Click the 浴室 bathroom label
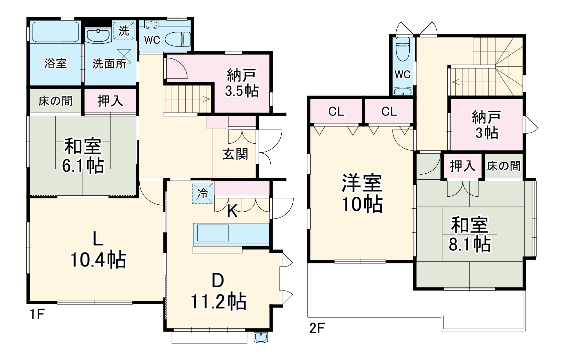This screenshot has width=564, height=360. pyautogui.click(x=55, y=63)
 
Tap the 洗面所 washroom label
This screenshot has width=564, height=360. pyautogui.click(x=109, y=63)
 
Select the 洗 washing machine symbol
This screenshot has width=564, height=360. pyautogui.click(x=124, y=31)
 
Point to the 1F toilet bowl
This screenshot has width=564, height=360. pyautogui.click(x=177, y=39)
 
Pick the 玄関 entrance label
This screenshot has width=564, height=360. pyautogui.click(x=235, y=154)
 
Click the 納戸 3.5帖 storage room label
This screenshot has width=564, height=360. pyautogui.click(x=242, y=82)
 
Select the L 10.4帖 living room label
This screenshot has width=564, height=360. pyautogui.click(x=98, y=250)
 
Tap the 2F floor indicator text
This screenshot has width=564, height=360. pyautogui.click(x=317, y=329)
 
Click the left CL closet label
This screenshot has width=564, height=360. pyautogui.click(x=336, y=112)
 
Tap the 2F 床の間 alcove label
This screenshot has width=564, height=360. pyautogui.click(x=504, y=166)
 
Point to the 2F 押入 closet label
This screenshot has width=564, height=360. pyautogui.click(x=462, y=166)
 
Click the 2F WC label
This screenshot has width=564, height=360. pyautogui.click(x=402, y=74)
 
